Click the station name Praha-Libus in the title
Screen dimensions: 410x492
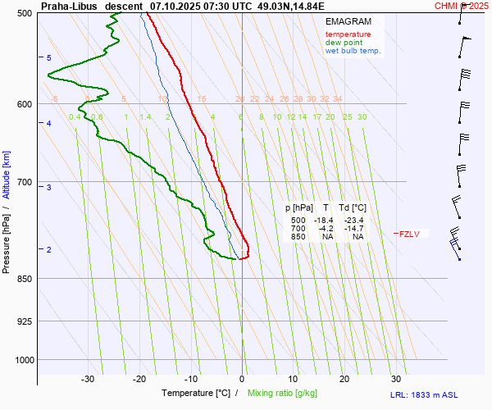[x=69, y=6]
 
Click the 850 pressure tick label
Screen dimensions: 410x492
[x=24, y=279]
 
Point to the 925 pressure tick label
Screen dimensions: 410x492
[x=24, y=321]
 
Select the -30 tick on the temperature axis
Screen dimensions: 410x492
[x=88, y=379]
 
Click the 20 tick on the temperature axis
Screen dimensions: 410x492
[x=344, y=379]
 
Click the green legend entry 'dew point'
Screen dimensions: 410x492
[x=344, y=43]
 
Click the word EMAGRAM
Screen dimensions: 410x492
[x=347, y=21]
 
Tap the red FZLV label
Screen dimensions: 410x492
[x=408, y=235]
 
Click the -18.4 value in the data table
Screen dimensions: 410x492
[x=326, y=221]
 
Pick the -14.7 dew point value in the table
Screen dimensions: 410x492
[x=353, y=229]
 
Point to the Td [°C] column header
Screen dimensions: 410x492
[x=353, y=208]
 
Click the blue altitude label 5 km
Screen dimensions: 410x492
[x=49, y=58]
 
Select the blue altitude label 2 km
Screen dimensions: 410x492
[x=49, y=249]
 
